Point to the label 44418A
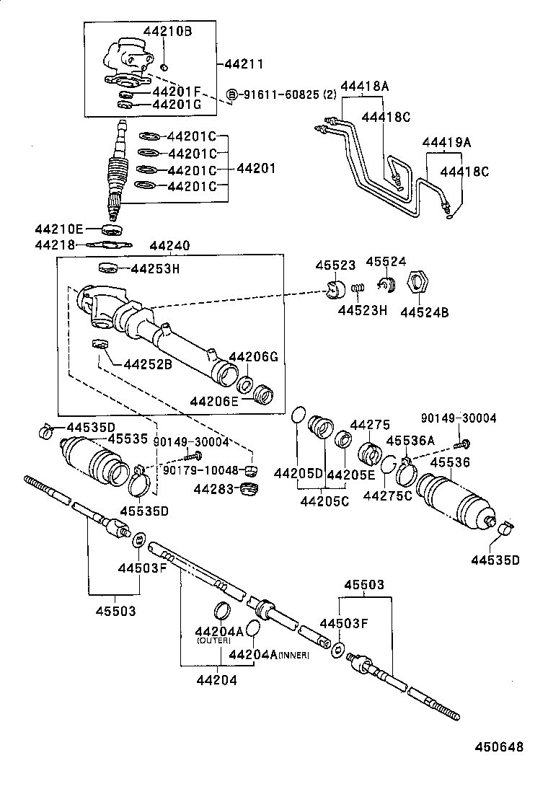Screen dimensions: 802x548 [364, 87]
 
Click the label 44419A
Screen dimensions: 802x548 [446, 144]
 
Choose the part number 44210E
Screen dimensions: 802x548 [59, 229]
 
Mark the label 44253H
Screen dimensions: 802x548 [155, 269]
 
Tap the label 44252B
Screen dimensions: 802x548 [148, 363]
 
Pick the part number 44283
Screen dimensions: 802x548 [214, 490]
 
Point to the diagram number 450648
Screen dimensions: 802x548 [499, 747]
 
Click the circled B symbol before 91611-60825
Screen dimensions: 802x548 [232, 94]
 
